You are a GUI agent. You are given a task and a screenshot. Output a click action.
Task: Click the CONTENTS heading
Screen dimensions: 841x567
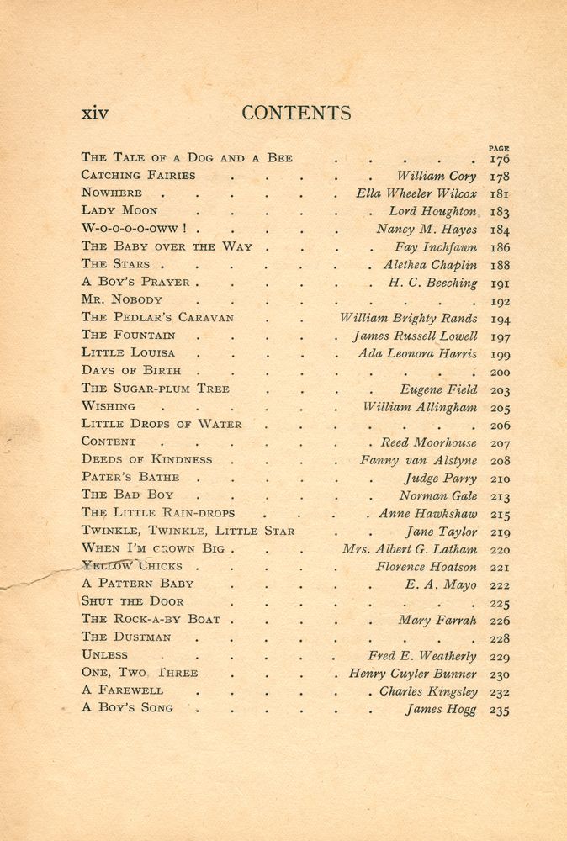tap(296, 113)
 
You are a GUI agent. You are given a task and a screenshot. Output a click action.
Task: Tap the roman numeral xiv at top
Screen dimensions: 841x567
tap(94, 114)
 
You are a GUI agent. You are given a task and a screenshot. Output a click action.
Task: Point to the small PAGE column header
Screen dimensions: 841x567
tap(498, 148)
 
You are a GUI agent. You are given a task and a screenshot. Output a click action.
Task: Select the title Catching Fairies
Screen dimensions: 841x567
tap(138, 175)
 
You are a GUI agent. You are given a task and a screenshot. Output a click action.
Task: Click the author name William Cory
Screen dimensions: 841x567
tap(437, 177)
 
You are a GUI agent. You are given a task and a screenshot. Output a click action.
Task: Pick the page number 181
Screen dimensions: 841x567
tap(499, 194)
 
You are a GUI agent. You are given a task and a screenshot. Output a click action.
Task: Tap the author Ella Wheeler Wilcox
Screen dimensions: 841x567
tap(416, 193)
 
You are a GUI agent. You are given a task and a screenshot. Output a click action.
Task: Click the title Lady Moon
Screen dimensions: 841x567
tap(119, 210)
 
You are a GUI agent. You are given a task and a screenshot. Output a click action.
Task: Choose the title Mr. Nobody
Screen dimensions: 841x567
tap(122, 299)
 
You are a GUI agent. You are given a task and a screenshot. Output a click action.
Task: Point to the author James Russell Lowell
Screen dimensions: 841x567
tap(414, 336)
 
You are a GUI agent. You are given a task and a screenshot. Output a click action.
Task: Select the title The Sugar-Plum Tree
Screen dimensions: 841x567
tap(155, 389)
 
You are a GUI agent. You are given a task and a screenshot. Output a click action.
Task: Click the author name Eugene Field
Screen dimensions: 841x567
tap(438, 389)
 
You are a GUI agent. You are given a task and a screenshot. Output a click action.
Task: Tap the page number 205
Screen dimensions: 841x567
tap(499, 408)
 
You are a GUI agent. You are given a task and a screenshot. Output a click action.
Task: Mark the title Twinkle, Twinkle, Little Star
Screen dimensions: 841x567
tap(188, 531)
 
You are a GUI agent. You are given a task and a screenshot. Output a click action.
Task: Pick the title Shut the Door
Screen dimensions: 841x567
tap(132, 601)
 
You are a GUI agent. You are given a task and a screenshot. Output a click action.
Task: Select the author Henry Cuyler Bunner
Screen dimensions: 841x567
tap(413, 674)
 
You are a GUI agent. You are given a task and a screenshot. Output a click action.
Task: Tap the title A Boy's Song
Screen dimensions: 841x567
tap(127, 707)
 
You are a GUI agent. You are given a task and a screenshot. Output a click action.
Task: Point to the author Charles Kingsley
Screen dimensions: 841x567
tap(428, 691)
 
